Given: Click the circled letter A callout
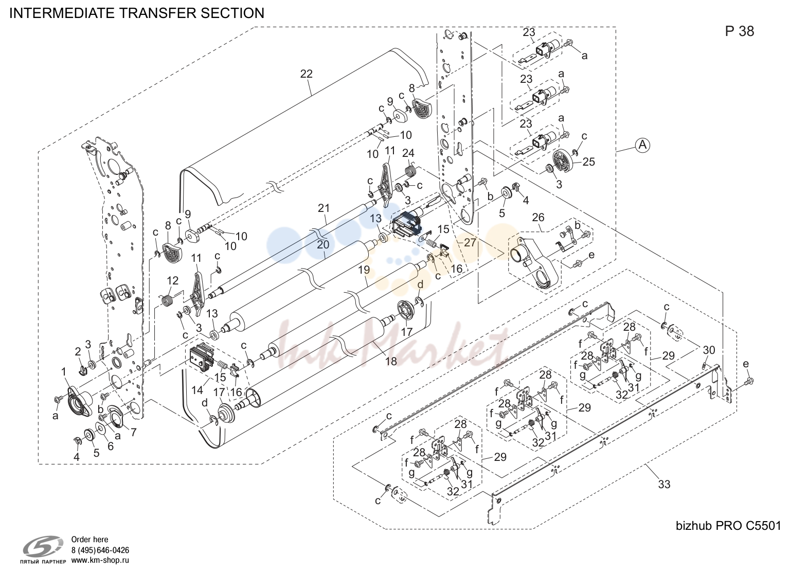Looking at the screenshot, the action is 642,145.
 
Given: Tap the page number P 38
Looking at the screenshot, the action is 739,31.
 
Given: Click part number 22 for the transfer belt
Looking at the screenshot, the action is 306,74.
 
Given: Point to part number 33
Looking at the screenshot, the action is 664,485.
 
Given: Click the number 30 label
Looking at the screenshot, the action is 709,350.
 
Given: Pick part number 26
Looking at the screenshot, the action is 538,217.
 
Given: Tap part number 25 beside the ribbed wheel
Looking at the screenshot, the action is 588,162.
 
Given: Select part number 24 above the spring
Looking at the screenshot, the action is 408,153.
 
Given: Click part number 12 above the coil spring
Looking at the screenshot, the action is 172,281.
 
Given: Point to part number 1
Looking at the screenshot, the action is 64,372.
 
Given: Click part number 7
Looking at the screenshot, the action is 133,433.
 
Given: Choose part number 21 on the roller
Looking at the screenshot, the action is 324,208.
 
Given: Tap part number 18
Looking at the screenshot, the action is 391,361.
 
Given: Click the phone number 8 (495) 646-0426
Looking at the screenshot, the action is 100,550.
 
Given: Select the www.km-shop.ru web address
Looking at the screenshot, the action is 100,560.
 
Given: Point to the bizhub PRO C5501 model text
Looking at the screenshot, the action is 728,526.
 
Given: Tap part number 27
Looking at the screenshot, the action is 470,243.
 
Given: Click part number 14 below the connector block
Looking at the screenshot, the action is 197,390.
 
